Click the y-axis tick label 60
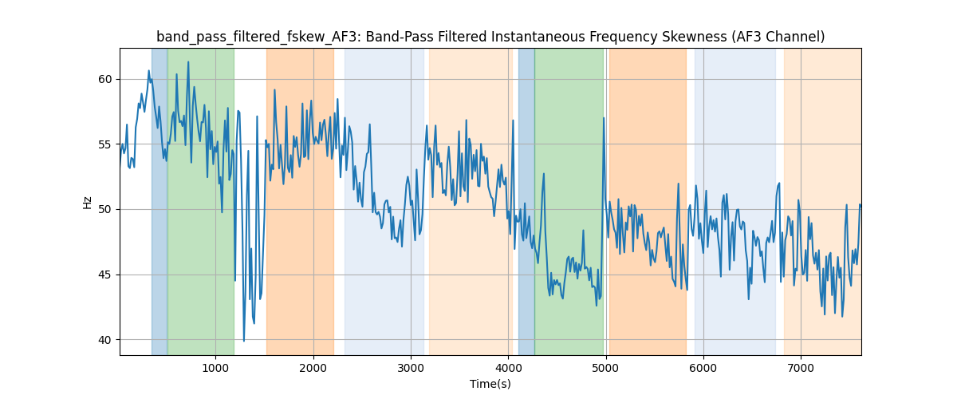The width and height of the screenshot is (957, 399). [x=105, y=79]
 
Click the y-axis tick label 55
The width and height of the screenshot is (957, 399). [x=105, y=144]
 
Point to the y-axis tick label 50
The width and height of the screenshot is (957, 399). [x=105, y=210]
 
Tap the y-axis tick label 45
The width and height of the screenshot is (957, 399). [x=105, y=275]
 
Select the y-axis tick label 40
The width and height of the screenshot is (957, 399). [x=105, y=340]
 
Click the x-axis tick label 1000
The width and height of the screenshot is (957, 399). [x=215, y=367]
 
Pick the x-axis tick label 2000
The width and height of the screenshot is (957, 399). [x=313, y=367]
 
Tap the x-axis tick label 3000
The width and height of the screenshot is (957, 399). [x=411, y=367]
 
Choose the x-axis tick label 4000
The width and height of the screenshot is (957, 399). [x=508, y=367]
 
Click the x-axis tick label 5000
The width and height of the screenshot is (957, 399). [x=606, y=367]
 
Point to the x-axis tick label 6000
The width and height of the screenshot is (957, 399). [x=703, y=367]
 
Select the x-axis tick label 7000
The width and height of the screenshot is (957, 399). [x=801, y=367]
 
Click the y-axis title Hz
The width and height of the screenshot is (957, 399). [x=88, y=203]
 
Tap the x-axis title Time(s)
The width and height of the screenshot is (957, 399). [x=490, y=384]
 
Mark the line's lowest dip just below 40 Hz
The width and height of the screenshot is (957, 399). [x=244, y=341]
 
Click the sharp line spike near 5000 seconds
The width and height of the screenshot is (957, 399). [x=604, y=118]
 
